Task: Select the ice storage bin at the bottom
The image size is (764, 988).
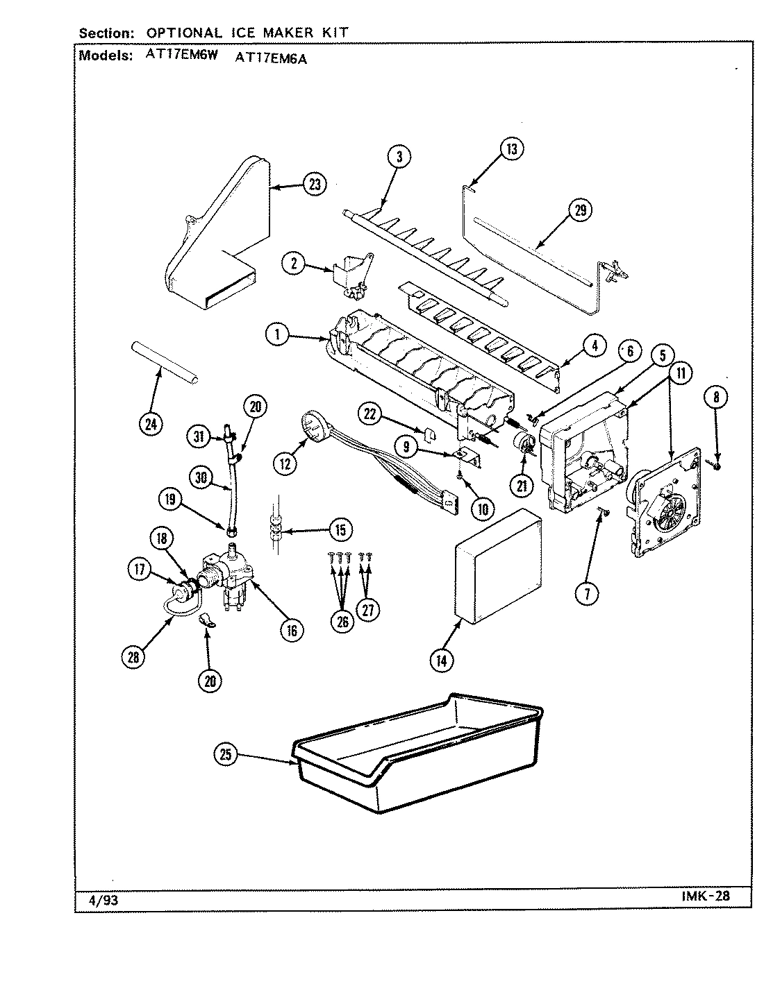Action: click(x=417, y=756)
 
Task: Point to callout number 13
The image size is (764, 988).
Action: click(x=511, y=148)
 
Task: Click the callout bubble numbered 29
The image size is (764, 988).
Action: click(x=581, y=210)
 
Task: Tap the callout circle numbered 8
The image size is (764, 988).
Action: click(x=716, y=397)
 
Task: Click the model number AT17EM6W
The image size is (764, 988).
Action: click(x=182, y=58)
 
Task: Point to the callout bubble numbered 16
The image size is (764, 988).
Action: click(x=292, y=630)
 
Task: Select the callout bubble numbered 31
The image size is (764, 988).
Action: click(x=199, y=436)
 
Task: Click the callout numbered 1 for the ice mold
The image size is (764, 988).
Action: click(x=276, y=335)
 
